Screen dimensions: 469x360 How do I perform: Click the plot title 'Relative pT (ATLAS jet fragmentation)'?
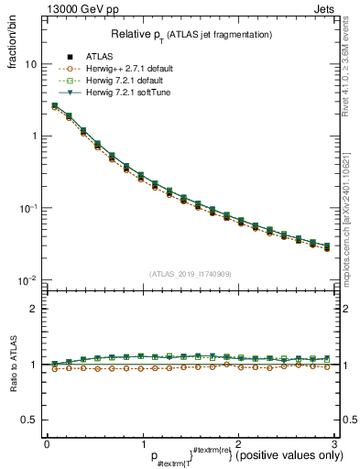(192, 34)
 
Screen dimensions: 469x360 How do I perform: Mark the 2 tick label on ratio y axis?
(33, 309)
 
